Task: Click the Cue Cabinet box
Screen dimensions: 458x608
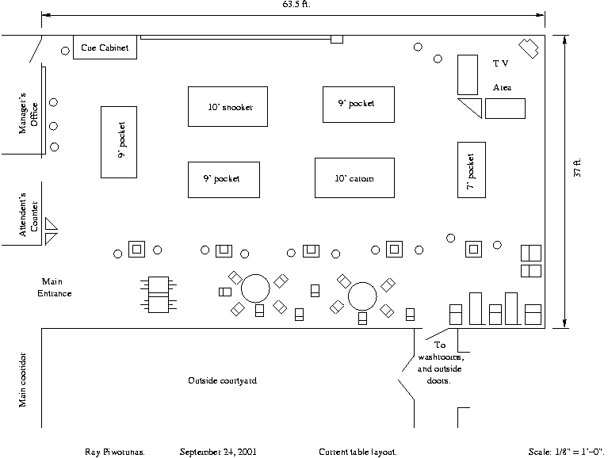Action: click(105, 48)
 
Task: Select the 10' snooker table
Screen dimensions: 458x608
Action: click(228, 106)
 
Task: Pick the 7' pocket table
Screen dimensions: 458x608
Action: click(471, 170)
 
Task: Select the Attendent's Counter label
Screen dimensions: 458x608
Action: click(29, 214)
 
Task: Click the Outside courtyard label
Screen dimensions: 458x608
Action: click(222, 381)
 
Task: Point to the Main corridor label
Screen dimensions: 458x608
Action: click(24, 380)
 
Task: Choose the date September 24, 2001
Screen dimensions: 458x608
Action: click(217, 452)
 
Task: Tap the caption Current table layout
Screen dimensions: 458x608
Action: click(358, 452)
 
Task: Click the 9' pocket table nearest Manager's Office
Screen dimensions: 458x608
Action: click(119, 142)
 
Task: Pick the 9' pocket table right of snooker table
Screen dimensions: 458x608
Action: click(358, 104)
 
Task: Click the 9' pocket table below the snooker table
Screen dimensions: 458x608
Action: click(224, 179)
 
